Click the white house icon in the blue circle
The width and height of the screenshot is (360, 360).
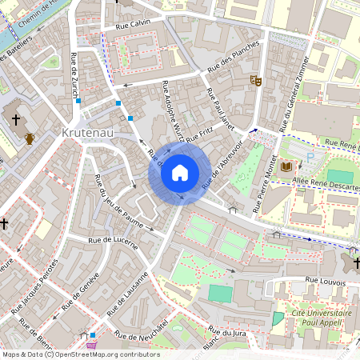click(180, 173)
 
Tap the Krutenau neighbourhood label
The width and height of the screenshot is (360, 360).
click(89, 130)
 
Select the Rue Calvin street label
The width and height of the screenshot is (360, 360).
click(133, 23)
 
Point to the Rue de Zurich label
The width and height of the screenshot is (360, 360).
click(74, 70)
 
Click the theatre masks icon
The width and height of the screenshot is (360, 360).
click(255, 80)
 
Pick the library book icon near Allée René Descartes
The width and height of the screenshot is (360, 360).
click(286, 165)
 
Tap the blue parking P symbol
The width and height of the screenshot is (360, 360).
click(311, 158)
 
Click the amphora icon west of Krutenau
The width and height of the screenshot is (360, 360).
click(30, 138)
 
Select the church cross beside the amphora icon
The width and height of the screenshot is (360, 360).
click(14, 119)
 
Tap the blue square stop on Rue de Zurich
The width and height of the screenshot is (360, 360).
click(78, 101)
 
